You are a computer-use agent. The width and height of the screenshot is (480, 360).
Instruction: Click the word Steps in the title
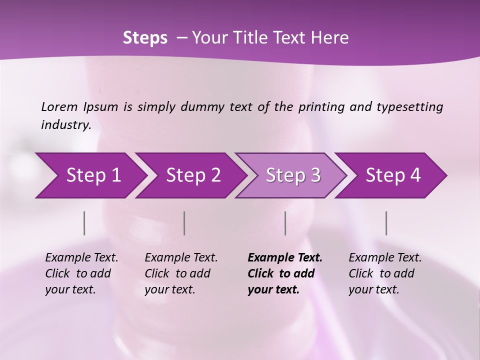(145, 38)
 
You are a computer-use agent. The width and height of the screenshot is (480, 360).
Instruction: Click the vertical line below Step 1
(84, 223)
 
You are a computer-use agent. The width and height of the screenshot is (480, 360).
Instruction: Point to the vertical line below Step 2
(184, 223)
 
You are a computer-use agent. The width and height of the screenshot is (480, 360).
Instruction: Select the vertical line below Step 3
(285, 223)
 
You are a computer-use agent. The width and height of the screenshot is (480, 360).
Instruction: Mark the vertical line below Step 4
(386, 223)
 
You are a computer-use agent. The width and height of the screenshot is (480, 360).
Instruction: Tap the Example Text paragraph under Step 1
(81, 273)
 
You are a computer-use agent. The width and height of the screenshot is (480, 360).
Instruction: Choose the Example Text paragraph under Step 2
(181, 273)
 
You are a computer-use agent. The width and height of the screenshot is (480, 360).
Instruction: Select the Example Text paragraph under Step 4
(385, 273)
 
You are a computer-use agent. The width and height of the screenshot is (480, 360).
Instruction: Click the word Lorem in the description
(59, 106)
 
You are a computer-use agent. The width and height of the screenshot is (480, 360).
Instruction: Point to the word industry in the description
(66, 125)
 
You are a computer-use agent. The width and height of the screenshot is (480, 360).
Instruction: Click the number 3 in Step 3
(315, 175)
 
